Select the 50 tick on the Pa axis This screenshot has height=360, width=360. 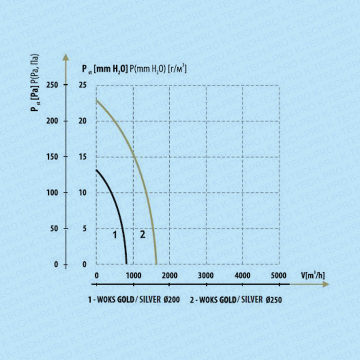pos(54,229)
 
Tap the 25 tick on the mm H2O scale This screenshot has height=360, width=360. pos(83,85)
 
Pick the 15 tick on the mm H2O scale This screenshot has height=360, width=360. pos(83,157)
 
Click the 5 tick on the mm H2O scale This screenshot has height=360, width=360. pos(84,229)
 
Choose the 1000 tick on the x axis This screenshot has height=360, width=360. pos(133,275)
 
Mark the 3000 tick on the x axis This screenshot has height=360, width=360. pos(206,275)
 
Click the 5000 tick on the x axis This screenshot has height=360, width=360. pos(279,275)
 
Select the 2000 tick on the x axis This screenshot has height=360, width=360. pos(169,275)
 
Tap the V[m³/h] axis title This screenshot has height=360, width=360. pos(312,275)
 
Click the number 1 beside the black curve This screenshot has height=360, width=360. pos(115,235)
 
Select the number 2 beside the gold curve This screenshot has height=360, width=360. pos(143,235)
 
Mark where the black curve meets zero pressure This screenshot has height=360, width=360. pos(126,264)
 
